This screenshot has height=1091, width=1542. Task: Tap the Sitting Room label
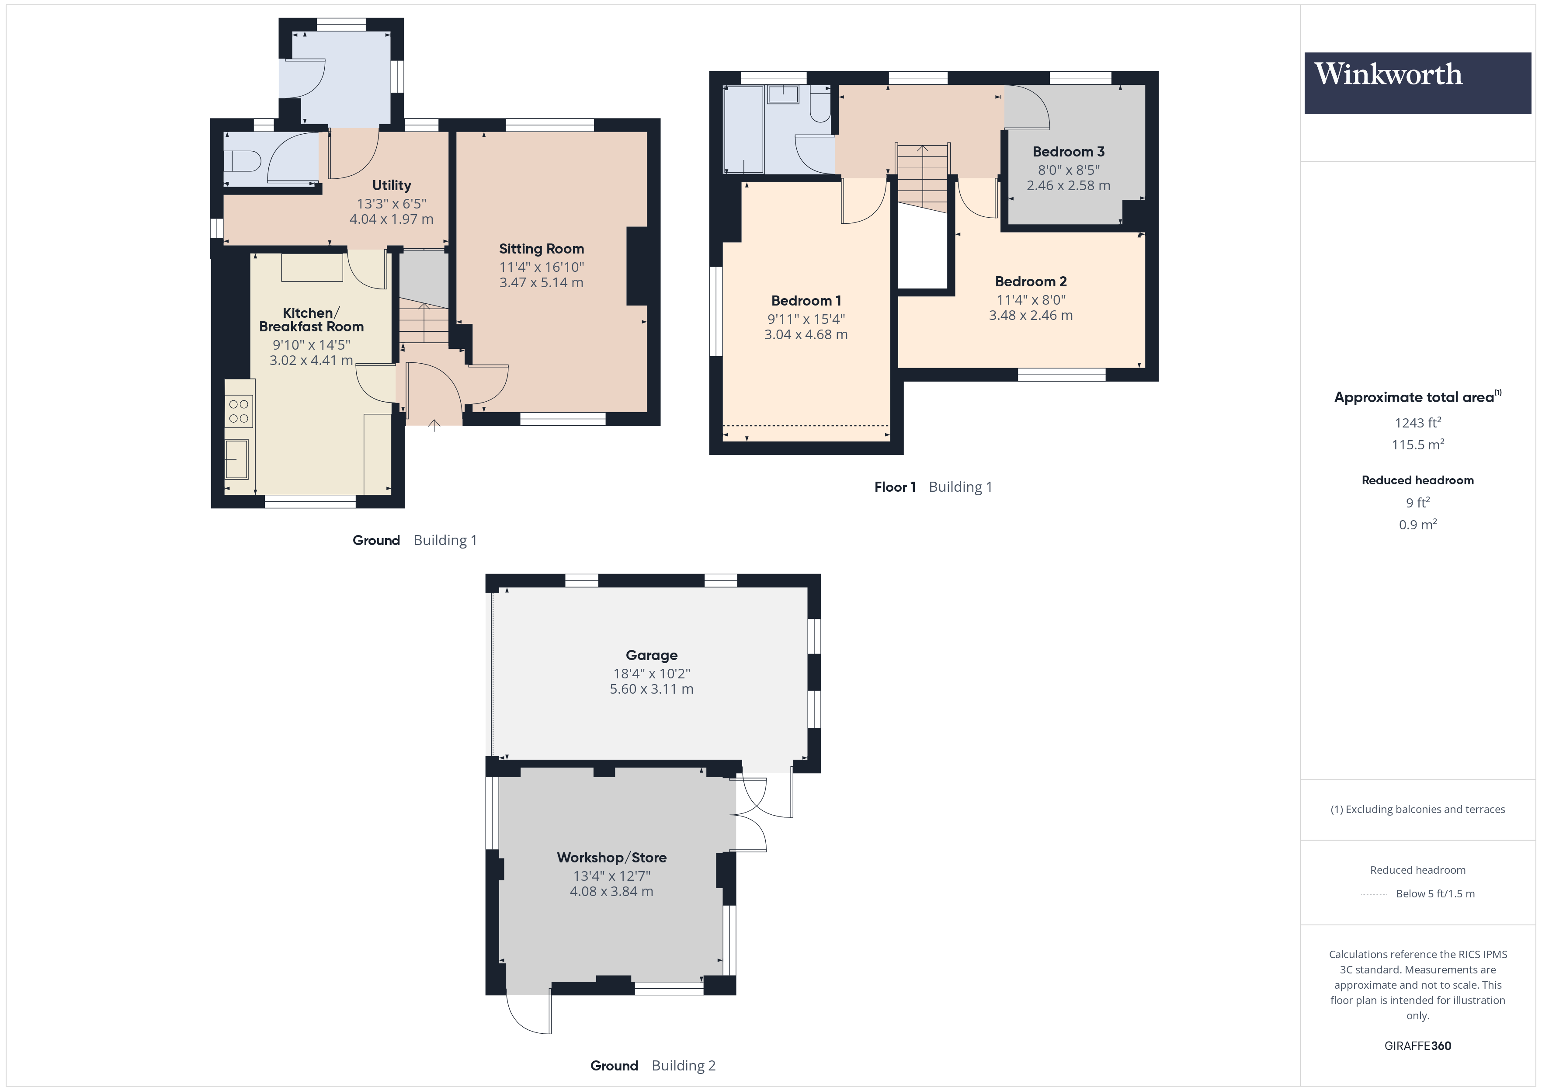pos(541,249)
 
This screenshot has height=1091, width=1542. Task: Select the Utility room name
pos(392,185)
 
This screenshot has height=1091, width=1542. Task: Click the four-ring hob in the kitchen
pos(238,411)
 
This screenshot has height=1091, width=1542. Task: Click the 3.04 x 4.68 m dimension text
pos(806,334)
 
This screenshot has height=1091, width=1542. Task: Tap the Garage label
pos(651,655)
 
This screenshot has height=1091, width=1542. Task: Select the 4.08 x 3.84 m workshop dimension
pos(611,892)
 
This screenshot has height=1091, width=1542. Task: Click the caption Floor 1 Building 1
pos(933,487)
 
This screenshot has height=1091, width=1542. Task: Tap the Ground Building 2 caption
pos(653,1066)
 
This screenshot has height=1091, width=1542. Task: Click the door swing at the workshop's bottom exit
pos(528,1015)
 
